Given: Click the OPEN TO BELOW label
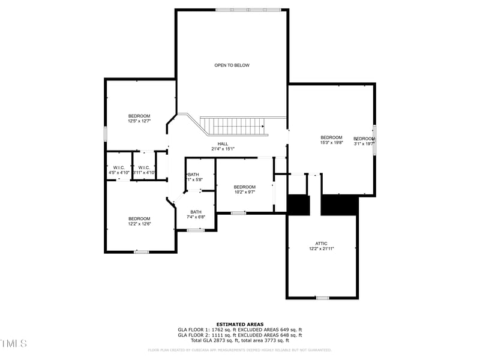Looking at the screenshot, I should (232, 65).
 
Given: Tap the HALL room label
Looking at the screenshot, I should (223, 144).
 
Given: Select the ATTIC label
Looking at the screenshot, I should (321, 244).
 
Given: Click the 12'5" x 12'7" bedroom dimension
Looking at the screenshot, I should (139, 121).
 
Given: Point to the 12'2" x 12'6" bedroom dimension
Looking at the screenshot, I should (139, 224).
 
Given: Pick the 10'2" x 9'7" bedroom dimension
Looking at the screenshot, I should (244, 192).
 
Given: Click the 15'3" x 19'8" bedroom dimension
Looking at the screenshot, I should (331, 143).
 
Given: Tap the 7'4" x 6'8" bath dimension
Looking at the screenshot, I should (196, 217).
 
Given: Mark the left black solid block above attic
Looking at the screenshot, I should (298, 205).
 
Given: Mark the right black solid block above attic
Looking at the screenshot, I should (340, 205).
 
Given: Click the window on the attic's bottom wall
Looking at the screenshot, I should (322, 298).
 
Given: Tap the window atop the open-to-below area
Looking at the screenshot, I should (248, 10).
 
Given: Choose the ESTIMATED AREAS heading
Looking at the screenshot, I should (240, 325).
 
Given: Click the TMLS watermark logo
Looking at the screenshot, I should (13, 343).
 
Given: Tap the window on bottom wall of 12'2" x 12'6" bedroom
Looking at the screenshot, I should (141, 252).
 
